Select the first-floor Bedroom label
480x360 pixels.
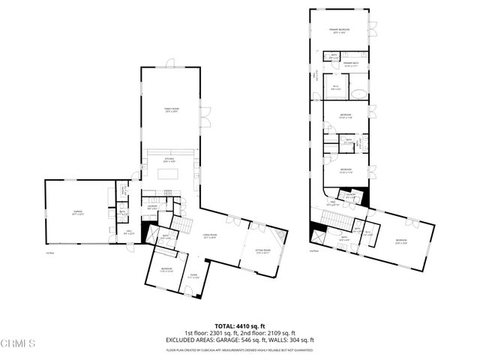coord(166,269)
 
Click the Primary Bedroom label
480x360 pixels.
coord(341,31)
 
